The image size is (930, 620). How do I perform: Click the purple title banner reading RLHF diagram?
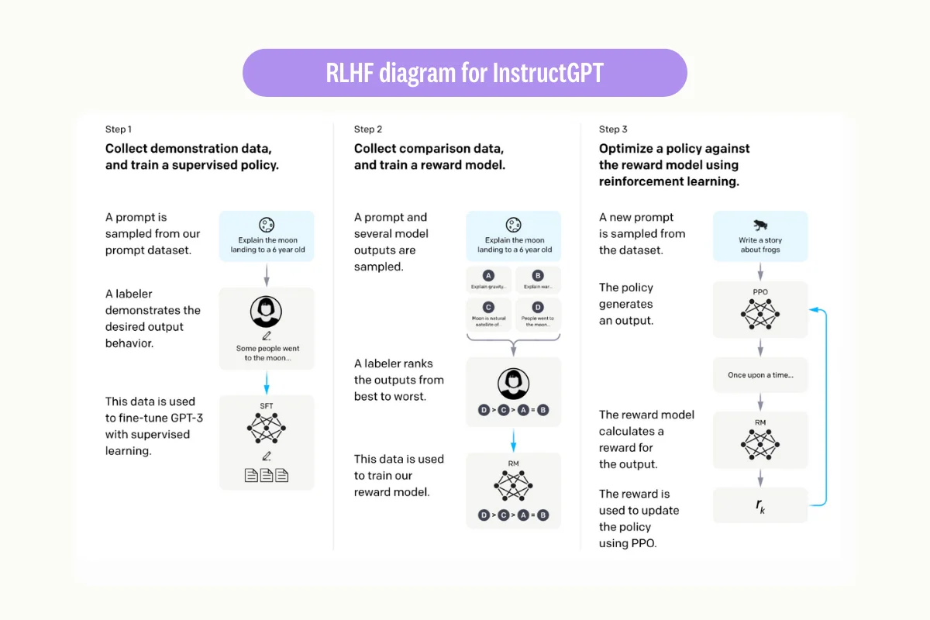point(465,73)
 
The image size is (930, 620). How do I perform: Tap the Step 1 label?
point(119,129)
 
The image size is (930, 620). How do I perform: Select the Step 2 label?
point(368,129)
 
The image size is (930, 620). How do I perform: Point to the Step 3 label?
point(613,129)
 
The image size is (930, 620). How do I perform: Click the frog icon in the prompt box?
point(759,226)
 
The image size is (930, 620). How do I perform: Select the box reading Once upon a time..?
point(759,375)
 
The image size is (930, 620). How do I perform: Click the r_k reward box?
point(759,505)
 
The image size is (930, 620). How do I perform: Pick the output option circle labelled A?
point(488,275)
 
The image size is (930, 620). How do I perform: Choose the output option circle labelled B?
point(538,275)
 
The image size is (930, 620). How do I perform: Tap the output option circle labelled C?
point(488,307)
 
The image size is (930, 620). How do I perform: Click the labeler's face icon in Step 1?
point(266,311)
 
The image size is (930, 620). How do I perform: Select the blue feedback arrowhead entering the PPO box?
point(813,310)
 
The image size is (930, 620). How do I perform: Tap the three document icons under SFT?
point(266,475)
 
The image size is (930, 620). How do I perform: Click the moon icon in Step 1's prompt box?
point(266,226)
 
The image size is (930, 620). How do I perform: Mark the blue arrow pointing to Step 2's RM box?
point(512,441)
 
